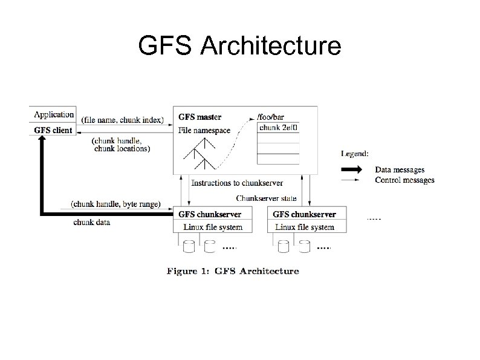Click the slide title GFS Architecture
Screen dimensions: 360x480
[239, 45]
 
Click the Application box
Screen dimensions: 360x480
[54, 114]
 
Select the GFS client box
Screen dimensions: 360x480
[53, 130]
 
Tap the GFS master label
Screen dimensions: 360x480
[200, 117]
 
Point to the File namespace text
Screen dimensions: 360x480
[204, 130]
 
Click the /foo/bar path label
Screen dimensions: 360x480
[271, 116]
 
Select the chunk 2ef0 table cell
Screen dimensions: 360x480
[279, 128]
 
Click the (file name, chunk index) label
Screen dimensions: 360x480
[122, 119]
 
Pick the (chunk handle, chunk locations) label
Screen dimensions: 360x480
[121, 144]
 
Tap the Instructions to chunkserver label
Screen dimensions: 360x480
[237, 183]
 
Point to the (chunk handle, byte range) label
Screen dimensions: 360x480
[115, 205]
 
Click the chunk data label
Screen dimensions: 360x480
[91, 222]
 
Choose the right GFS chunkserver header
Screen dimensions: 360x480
[304, 214]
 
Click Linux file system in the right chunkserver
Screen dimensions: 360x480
[304, 227]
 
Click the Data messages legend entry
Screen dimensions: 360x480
[399, 170]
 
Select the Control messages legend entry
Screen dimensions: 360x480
[404, 180]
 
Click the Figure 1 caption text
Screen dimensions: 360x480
[233, 271]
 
